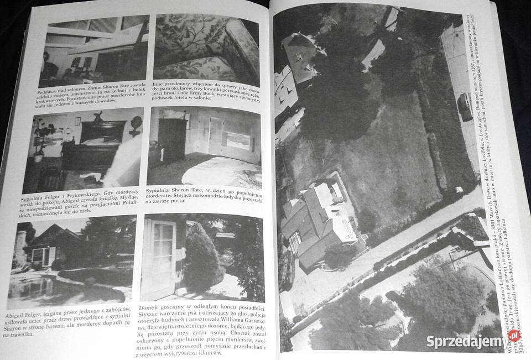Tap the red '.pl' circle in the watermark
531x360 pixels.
(x=513, y=335)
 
